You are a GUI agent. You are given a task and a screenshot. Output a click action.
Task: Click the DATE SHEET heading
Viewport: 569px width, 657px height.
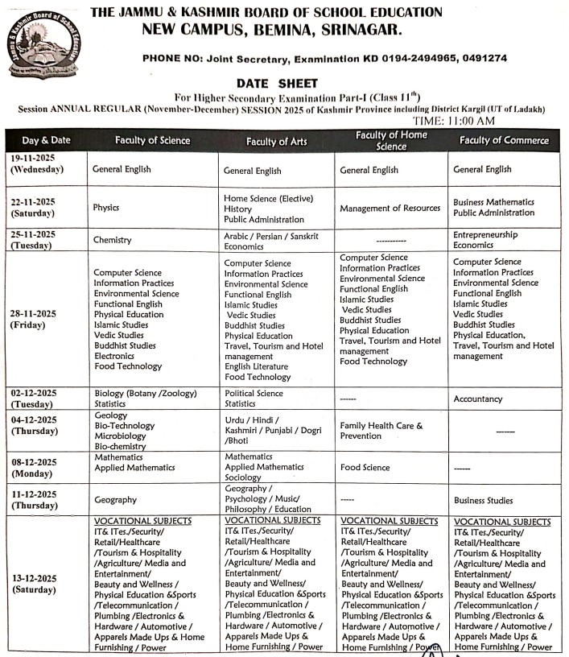pos(277,83)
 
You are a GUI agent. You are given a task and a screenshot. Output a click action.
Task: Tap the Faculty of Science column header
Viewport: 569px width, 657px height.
pos(152,140)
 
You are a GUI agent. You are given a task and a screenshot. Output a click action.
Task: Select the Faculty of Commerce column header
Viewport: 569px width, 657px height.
pos(504,140)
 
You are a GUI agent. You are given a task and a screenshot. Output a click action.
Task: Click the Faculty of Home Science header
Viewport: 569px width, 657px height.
pos(391,140)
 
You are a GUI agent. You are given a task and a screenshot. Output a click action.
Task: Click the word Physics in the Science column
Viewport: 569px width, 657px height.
pos(106,207)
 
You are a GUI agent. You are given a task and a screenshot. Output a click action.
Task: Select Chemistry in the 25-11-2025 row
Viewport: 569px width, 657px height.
pos(112,240)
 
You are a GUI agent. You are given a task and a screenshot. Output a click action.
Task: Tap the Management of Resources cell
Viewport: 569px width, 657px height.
pos(390,208)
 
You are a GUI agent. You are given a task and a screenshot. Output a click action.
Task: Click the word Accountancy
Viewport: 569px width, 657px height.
pos(478,399)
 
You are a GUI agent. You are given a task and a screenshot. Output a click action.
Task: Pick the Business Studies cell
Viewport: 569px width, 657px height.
pos(483,500)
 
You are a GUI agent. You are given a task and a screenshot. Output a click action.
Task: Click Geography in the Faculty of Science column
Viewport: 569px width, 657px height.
pos(115,499)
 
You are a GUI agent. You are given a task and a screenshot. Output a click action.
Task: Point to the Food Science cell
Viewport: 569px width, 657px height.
pos(365,466)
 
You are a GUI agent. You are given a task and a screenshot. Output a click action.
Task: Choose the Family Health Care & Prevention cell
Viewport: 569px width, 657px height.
pos(381,430)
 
